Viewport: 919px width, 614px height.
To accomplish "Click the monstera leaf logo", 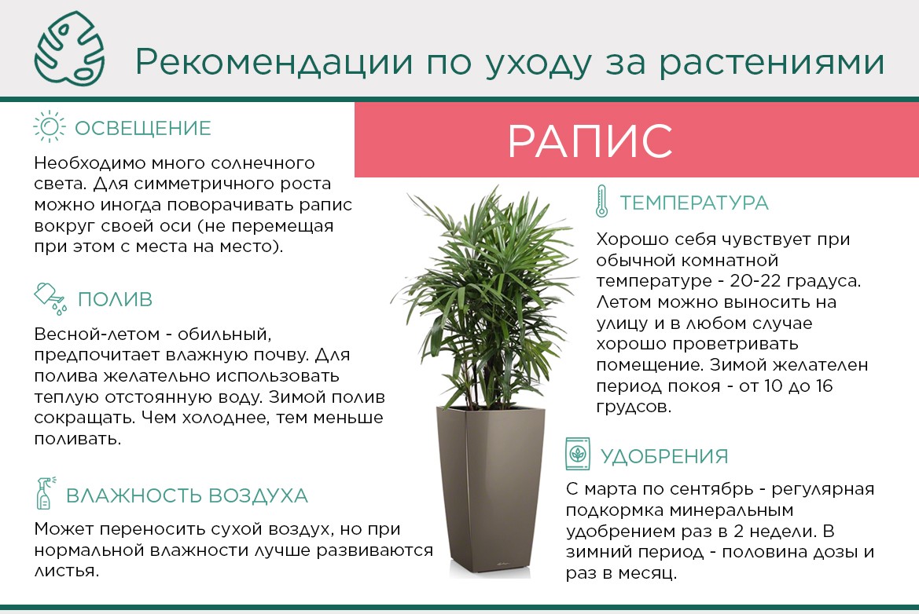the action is click(x=70, y=49).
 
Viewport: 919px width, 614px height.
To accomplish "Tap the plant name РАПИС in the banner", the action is click(x=590, y=141).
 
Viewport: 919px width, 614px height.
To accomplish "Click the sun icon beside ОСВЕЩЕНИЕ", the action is click(x=50, y=126).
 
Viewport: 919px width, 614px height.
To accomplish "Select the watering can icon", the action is click(x=50, y=298).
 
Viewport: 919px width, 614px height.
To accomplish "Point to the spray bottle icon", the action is click(x=46, y=493).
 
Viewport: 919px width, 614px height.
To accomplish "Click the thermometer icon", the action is click(x=601, y=201).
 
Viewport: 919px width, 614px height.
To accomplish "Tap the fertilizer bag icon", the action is click(x=578, y=454).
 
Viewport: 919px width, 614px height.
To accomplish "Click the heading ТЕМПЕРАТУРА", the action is click(x=694, y=203).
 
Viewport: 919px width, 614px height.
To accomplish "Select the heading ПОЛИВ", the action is click(x=115, y=299).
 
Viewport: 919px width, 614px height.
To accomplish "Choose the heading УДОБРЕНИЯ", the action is click(x=664, y=456).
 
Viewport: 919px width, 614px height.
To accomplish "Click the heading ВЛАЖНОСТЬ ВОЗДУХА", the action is click(x=187, y=495).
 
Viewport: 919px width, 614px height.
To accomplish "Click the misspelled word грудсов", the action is click(x=634, y=407).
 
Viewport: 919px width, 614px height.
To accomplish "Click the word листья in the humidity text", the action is click(x=66, y=571).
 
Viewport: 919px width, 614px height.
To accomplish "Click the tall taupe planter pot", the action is click(x=491, y=492).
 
